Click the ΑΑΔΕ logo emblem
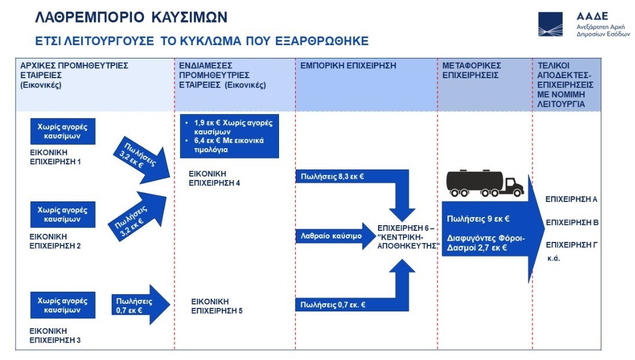pyautogui.click(x=550, y=24)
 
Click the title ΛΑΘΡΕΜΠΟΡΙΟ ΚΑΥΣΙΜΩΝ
pyautogui.click(x=131, y=19)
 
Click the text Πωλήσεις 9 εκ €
pyautogui.click(x=478, y=219)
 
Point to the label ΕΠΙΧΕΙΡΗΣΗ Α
pyautogui.click(x=571, y=199)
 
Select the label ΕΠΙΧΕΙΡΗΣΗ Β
pyautogui.click(x=571, y=222)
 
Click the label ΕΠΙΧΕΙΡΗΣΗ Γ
pyautogui.click(x=571, y=244)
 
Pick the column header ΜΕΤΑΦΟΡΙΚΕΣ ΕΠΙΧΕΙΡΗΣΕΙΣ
pyautogui.click(x=471, y=70)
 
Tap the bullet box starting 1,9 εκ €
pyautogui.click(x=229, y=137)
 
